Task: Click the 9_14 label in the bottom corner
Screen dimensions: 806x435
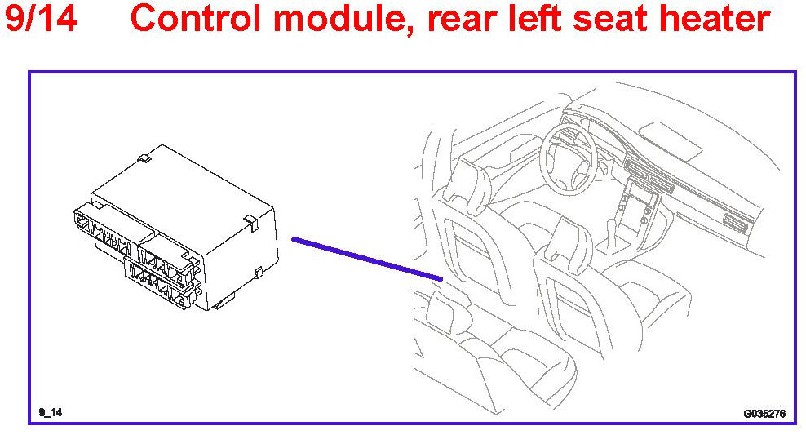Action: click(50, 412)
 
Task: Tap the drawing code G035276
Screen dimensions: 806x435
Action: click(764, 413)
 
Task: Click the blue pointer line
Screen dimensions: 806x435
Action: click(367, 260)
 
